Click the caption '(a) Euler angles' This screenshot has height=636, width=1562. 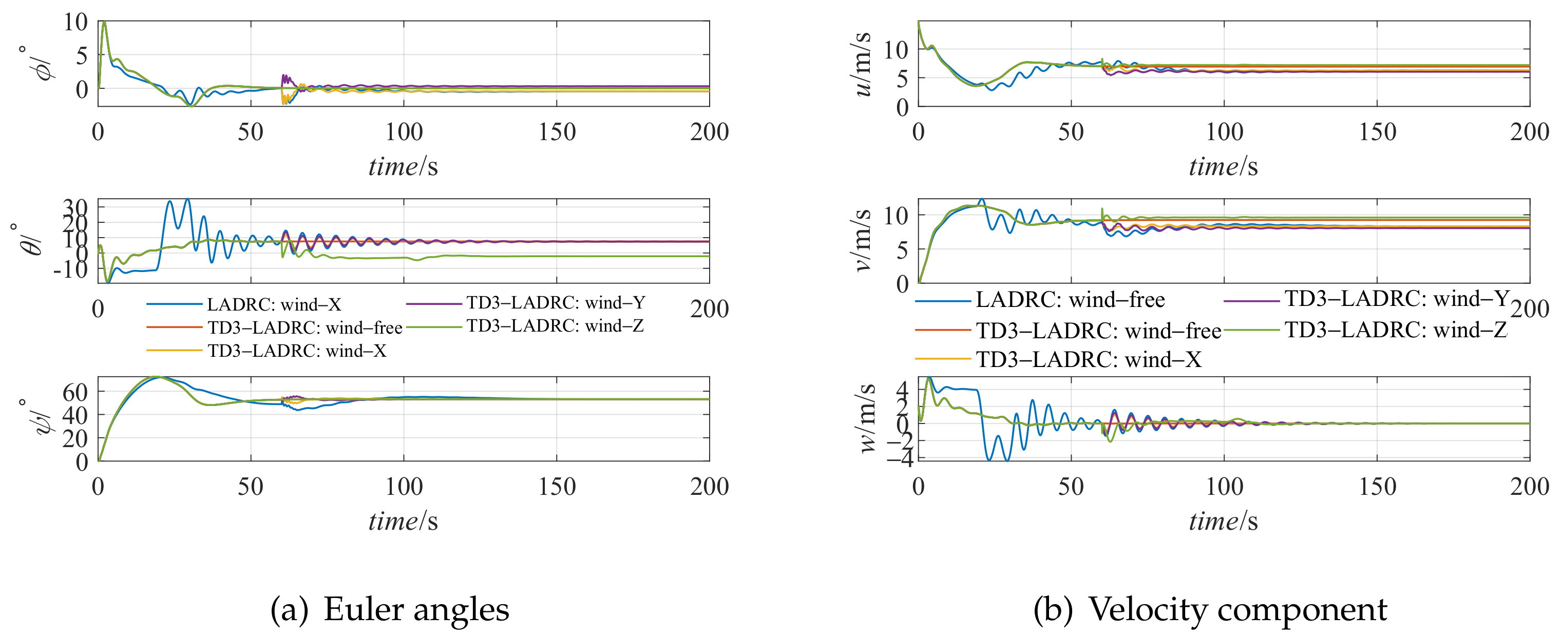[x=390, y=609]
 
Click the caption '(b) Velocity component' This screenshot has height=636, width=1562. [x=1210, y=609]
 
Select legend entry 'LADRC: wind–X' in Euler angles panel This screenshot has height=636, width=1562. [x=274, y=304]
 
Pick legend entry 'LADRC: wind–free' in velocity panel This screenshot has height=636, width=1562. [x=1070, y=299]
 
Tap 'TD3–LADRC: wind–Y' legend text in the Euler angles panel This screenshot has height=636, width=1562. [x=556, y=302]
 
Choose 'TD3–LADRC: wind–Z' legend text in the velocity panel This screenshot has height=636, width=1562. [x=1395, y=330]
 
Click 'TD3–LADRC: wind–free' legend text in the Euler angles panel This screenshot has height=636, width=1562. [x=305, y=327]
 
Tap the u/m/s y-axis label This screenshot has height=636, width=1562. [x=862, y=63]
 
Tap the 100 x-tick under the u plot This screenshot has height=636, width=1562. [x=1224, y=131]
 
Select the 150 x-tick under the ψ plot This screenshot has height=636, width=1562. [x=557, y=486]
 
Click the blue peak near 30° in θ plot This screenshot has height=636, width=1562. [x=187, y=200]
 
